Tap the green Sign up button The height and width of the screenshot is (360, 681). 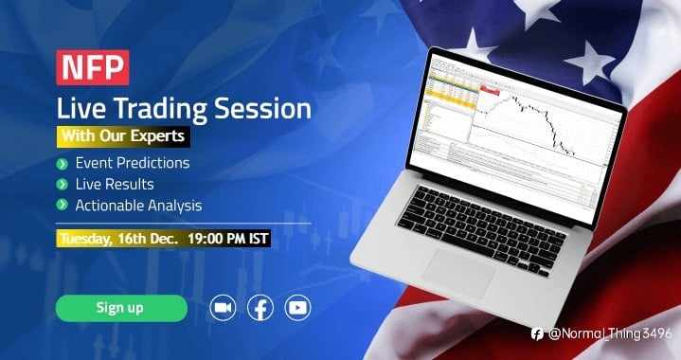(x=120, y=308)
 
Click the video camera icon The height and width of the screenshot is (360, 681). (x=223, y=308)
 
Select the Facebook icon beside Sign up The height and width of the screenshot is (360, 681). (x=260, y=308)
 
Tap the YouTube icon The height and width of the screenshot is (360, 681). (x=297, y=308)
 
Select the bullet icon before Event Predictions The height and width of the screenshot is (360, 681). (x=63, y=163)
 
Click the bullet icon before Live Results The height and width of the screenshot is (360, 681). (x=63, y=184)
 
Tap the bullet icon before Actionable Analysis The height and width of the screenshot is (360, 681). (x=63, y=205)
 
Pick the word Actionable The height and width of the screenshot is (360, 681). (x=108, y=205)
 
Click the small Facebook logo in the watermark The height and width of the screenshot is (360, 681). (x=537, y=333)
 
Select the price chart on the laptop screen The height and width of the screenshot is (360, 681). (x=530, y=118)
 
